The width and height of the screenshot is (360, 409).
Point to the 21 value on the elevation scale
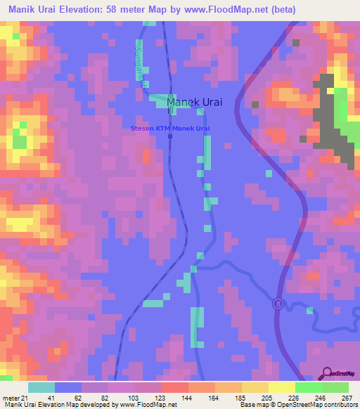(27, 398)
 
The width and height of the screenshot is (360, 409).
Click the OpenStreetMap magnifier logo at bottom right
(328, 373)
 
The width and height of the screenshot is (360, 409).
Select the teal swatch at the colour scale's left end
(41, 387)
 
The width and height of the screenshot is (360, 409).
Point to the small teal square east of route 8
(309, 309)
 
